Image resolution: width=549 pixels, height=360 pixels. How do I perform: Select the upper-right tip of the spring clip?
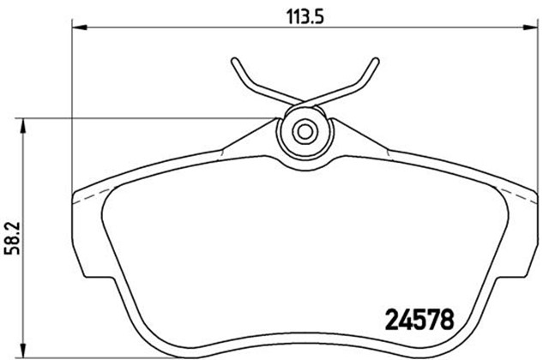(376, 60)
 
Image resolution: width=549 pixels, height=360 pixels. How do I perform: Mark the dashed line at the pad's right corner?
(520, 199)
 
